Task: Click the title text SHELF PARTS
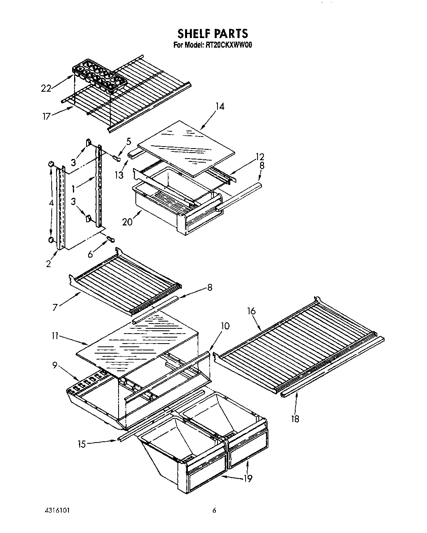[x=213, y=33]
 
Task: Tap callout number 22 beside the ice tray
[x=46, y=88]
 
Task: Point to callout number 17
[x=47, y=117]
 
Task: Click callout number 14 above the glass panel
[x=220, y=107]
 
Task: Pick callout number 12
[x=260, y=157]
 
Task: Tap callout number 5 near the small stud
[x=129, y=141]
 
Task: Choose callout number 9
[x=55, y=365]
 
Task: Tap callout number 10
[x=225, y=326]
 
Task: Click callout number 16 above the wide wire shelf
[x=251, y=311]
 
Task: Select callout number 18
[x=295, y=419]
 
